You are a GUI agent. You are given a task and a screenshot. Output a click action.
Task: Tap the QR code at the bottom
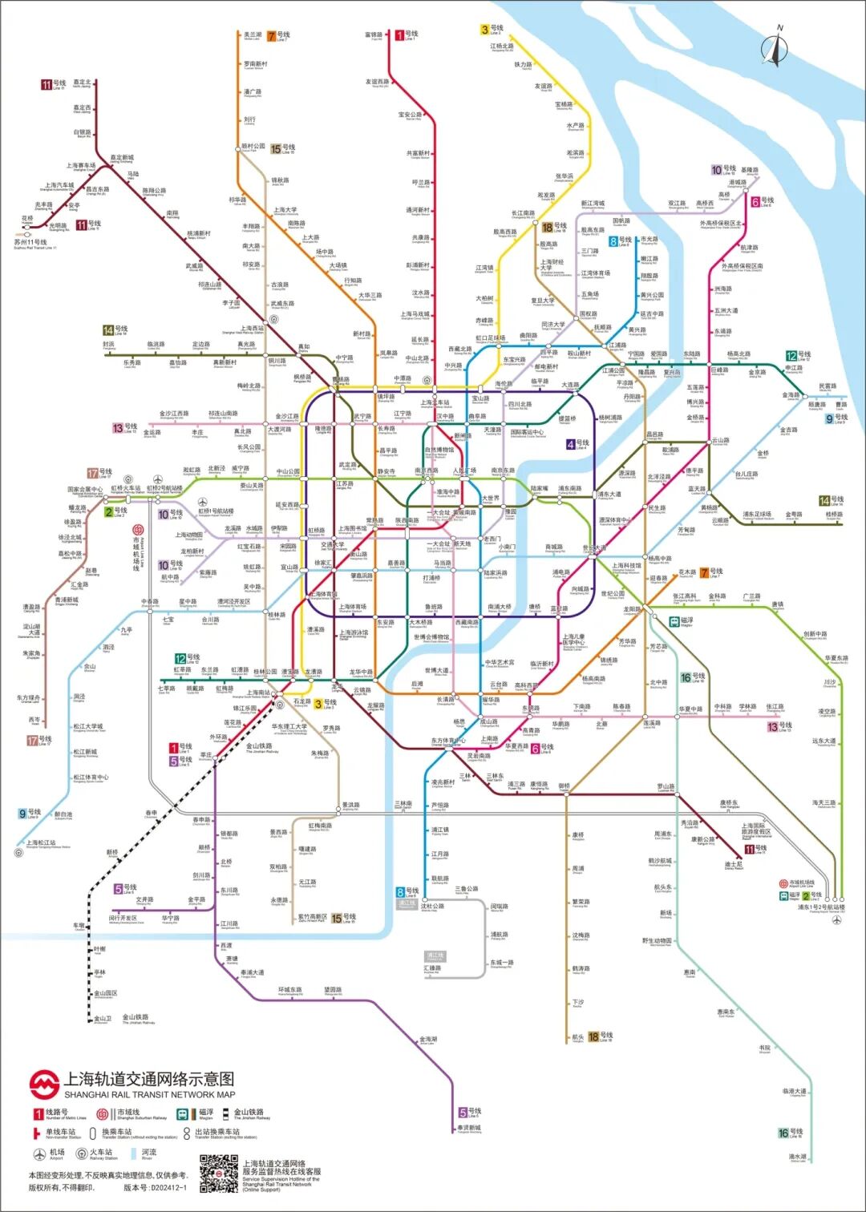[x=218, y=1174]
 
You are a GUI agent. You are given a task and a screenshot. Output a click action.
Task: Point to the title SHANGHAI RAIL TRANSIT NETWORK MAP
[x=150, y=1094]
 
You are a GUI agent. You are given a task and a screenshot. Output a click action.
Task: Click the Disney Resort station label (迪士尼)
[x=733, y=865]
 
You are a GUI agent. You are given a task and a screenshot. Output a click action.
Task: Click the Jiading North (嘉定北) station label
[x=82, y=83]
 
